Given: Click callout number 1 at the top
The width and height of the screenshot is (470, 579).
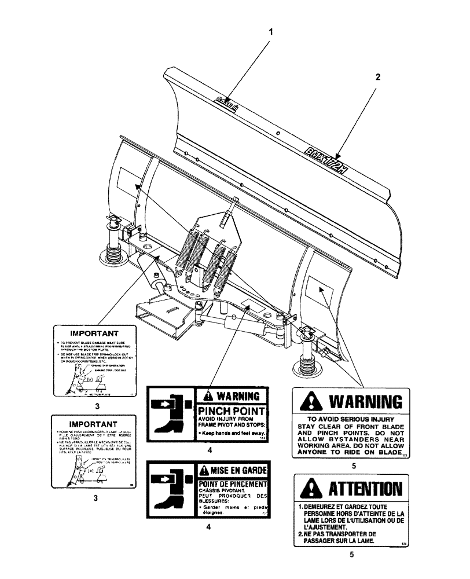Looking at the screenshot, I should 270,33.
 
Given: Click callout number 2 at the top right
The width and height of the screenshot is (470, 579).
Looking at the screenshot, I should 377,76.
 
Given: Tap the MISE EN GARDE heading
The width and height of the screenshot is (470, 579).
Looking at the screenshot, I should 233,470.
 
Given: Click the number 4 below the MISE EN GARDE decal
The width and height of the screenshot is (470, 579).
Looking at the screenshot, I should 208,527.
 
